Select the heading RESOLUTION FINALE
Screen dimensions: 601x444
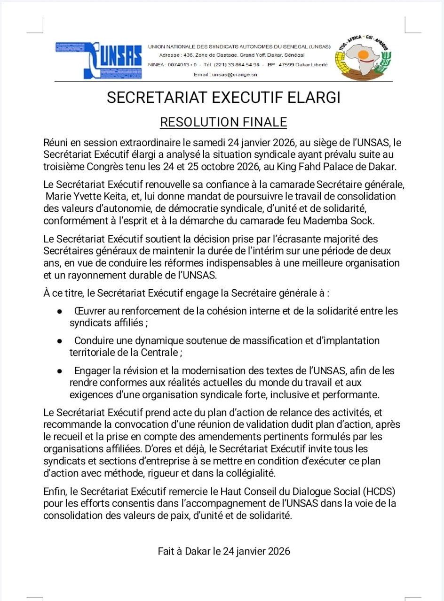coord(223,122)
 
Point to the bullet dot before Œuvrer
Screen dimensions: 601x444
coord(60,311)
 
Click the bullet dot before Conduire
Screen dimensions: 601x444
coord(60,341)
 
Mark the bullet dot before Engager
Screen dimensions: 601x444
coord(60,371)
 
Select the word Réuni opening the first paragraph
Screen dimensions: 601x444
coord(56,142)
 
